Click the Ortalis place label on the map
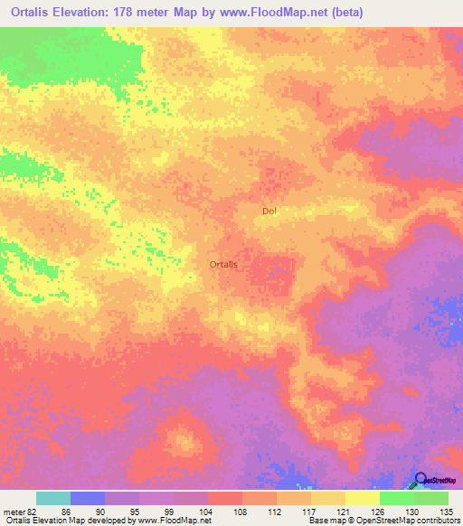tap(223, 264)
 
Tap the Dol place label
tap(269, 211)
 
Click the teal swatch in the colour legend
tap(53, 498)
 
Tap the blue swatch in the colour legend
tap(88, 498)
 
